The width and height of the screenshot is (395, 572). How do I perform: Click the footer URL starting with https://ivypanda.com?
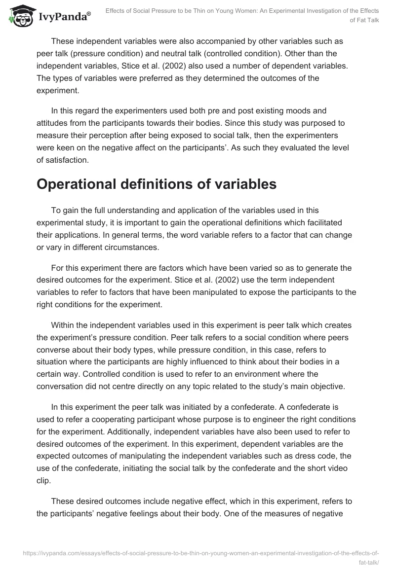tap(201, 554)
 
